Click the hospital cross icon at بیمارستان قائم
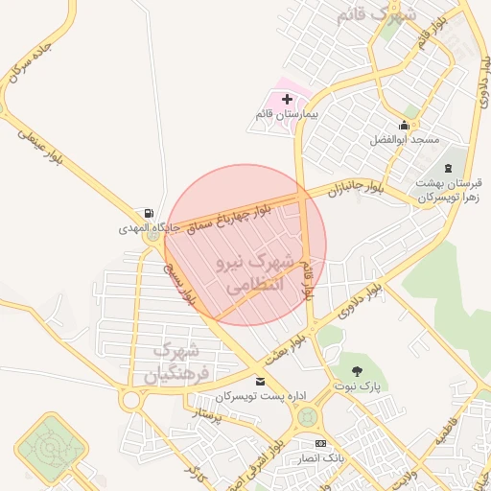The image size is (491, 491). (287, 99)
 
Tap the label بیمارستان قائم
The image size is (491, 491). (285, 114)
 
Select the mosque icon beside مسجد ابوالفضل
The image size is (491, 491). (404, 126)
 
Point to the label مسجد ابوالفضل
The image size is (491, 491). (405, 140)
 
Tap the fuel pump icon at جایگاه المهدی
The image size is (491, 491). (147, 214)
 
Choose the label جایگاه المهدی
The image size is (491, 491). (144, 229)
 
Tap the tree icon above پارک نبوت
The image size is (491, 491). (359, 371)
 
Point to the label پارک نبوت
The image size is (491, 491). (359, 387)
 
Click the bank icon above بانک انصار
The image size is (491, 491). (320, 443)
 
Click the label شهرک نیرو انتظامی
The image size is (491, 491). (248, 273)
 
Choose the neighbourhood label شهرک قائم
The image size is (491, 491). (371, 16)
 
